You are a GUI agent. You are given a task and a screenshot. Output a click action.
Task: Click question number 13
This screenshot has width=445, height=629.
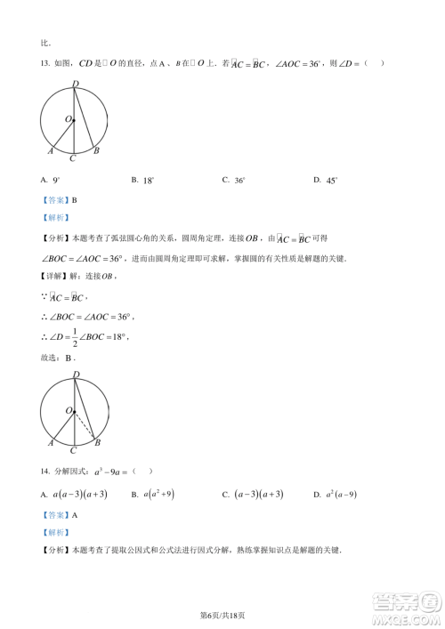(x=45, y=63)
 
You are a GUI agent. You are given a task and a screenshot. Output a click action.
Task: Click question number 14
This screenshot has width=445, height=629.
(x=45, y=471)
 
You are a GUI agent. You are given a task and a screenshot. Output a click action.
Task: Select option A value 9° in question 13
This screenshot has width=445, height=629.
(x=56, y=181)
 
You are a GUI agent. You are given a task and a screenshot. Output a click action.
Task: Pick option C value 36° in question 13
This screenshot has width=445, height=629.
(x=239, y=181)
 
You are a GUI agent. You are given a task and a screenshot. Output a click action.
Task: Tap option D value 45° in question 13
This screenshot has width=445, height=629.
(x=331, y=181)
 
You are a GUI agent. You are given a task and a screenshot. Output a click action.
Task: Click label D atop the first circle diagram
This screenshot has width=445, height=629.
(x=75, y=84)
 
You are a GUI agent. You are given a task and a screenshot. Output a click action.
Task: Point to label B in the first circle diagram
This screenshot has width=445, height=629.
(x=96, y=151)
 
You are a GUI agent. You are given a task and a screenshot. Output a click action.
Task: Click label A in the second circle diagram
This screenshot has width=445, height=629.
(x=51, y=441)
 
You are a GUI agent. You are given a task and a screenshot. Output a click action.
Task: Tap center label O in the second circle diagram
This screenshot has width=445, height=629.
(x=67, y=409)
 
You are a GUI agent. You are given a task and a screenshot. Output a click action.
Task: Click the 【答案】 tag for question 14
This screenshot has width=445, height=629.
(x=54, y=514)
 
